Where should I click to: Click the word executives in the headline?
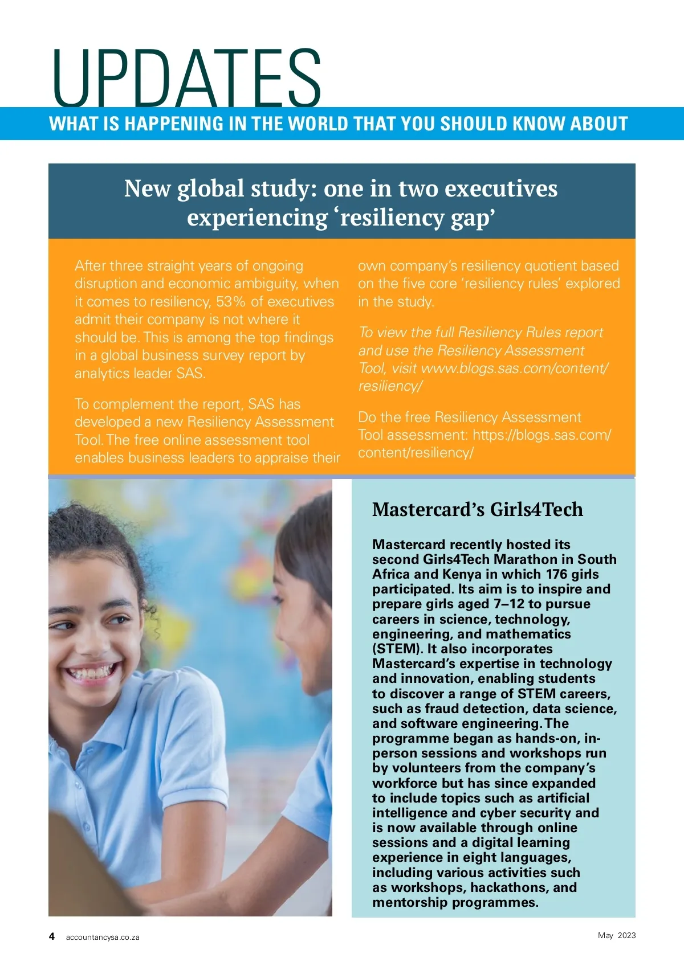pos(501,189)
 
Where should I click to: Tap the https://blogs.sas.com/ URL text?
pos(541,435)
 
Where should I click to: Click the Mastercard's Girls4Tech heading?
pos(477,509)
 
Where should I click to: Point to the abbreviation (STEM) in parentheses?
pos(396,649)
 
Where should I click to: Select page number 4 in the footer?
pos(52,936)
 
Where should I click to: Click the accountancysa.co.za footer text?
pos(103,937)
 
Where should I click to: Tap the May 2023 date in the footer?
pos(617,935)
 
